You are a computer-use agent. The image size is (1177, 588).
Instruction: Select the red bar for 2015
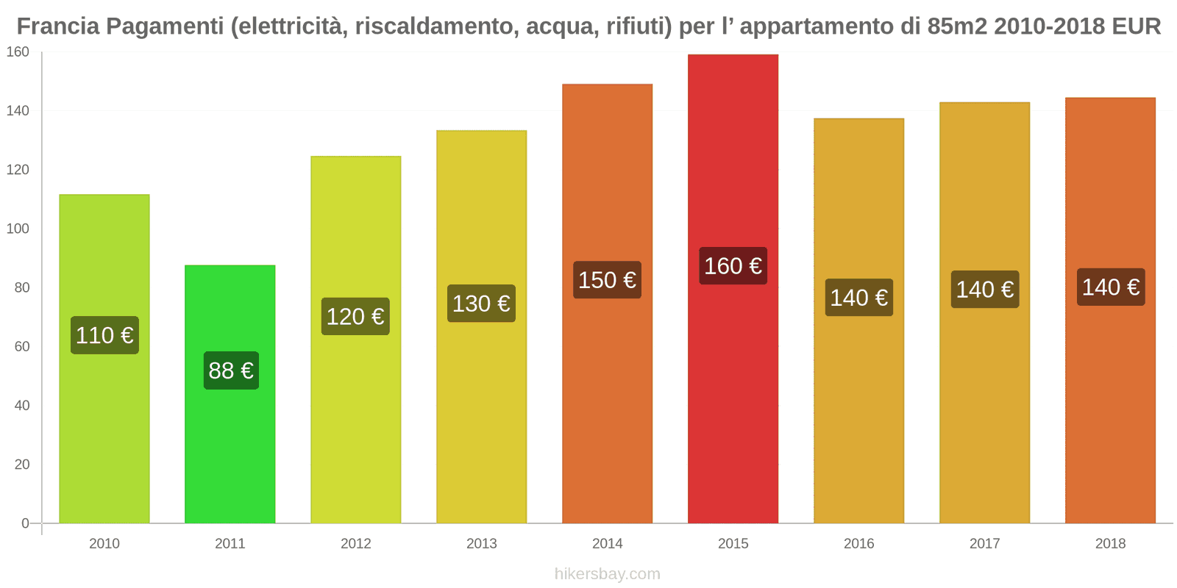pos(733,404)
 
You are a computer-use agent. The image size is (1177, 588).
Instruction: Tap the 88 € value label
pos(231,370)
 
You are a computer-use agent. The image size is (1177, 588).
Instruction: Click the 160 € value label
pos(733,266)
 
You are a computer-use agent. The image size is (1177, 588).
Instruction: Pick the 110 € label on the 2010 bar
pos(104,336)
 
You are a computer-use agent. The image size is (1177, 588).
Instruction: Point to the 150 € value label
pos(607,280)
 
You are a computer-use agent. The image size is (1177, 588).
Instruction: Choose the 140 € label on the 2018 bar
pos(1111,287)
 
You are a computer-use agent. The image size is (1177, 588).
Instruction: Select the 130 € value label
pos(481,304)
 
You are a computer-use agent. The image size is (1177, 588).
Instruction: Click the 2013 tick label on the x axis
pos(481,544)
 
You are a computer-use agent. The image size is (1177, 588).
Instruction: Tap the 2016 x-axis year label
pos(858,544)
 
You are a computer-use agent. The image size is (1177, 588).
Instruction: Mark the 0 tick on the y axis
pos(25,523)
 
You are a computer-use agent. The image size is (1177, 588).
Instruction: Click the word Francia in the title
pos(57,26)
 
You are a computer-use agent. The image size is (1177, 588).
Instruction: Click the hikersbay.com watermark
pos(607,574)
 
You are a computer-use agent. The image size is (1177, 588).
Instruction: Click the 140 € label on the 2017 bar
pos(985,290)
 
